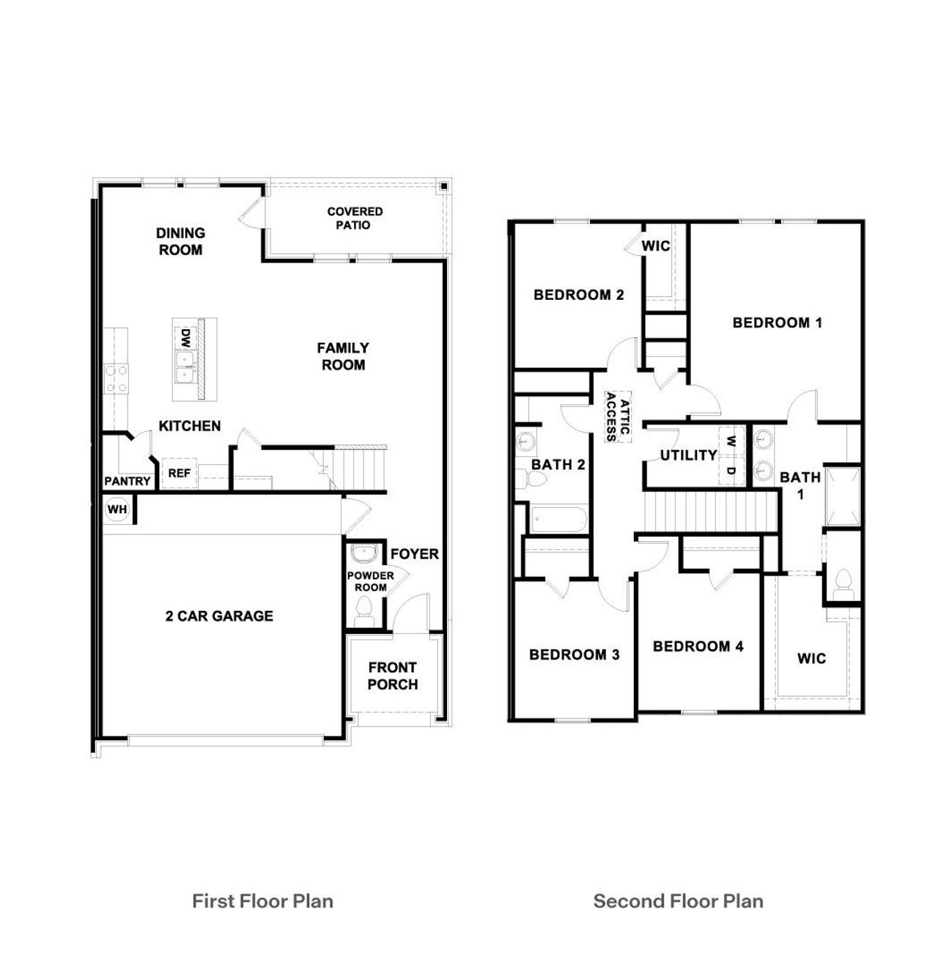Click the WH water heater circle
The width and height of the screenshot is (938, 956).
coord(117,509)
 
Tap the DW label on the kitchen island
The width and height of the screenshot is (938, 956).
coord(186,338)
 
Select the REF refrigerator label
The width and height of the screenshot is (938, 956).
coord(179,474)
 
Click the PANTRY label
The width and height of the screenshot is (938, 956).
coord(128,482)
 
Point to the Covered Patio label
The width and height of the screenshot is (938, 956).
coord(355,218)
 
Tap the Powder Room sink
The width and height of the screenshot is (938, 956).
coord(363,552)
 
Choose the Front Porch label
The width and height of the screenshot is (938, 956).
coord(393,676)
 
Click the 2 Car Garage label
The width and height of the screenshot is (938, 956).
coord(219,617)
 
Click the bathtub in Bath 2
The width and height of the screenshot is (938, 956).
coord(558,520)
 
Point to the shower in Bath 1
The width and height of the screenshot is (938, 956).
coord(843,495)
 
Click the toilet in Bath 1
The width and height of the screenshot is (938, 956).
coord(843,581)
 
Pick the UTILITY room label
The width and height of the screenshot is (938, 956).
coord(689,455)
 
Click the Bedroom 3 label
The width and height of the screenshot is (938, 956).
coord(575,655)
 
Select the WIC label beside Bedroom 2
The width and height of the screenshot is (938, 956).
coord(656,246)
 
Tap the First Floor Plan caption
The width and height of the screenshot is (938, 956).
coord(262,901)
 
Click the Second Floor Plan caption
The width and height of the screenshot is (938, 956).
coord(678,901)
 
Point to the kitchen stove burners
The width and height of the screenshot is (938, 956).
coord(116,379)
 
